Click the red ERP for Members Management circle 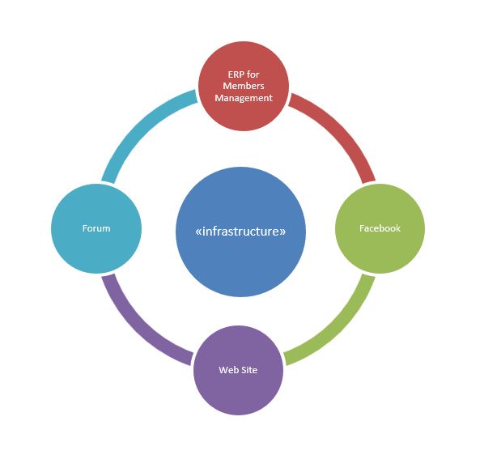244,86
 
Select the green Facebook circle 380,228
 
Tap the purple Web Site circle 238,370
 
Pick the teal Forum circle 96,228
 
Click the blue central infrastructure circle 240,232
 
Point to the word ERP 236,74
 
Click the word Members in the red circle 244,86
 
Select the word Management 244,98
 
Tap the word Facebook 380,228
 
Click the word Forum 96,228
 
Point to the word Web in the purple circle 227,370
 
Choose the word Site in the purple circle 248,370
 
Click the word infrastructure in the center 240,232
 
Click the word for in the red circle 253,74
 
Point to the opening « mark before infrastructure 198,232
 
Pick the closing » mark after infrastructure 283,232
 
